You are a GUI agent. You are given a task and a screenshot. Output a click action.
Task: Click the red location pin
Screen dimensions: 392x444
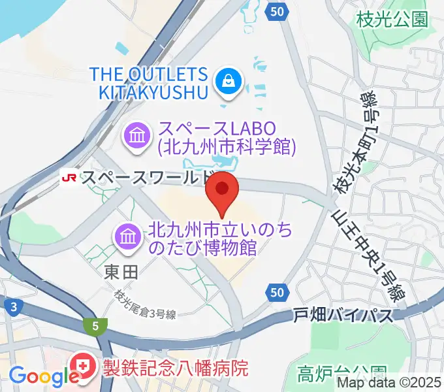point(223,190)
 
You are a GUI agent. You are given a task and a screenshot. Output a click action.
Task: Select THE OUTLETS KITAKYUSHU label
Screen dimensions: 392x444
point(154,82)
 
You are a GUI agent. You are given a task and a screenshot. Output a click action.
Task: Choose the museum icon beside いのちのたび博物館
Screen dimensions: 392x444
point(127,237)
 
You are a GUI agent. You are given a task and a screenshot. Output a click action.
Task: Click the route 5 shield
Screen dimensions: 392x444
point(96,325)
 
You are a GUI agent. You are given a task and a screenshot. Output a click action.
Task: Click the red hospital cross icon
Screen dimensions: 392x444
point(84,365)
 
